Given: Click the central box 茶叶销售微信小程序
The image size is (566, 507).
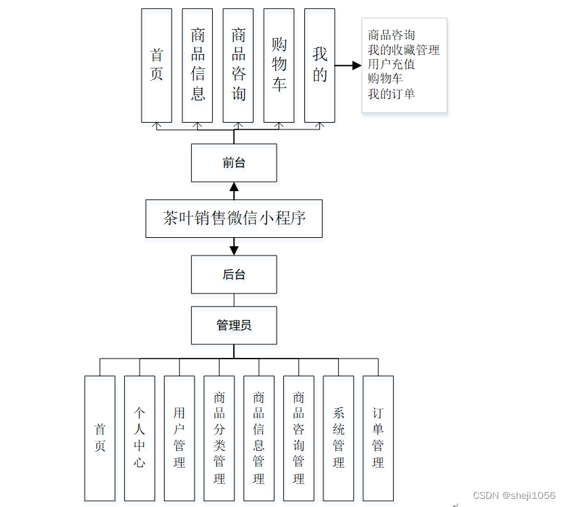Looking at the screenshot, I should pos(234,218).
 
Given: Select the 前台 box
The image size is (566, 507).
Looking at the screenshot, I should pos(234,163).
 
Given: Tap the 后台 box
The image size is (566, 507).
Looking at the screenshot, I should pos(234,275).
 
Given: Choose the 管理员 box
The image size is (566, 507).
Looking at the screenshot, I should pos(234,325).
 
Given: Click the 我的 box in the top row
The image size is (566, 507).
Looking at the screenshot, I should pos(319,65).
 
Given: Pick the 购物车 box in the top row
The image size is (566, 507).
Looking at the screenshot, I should pos(279,65).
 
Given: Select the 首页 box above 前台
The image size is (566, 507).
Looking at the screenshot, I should pos(157,65).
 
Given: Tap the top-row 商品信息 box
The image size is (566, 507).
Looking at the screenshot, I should pos(197,65).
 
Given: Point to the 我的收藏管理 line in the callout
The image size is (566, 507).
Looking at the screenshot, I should pos(403,50).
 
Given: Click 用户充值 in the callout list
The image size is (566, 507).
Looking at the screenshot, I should pos(391,65).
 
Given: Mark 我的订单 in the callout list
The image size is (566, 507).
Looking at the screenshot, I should pos(391,94).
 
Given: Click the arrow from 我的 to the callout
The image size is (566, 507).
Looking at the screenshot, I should pos(348,66).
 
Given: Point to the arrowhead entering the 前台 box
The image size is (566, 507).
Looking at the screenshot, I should pos(234,186).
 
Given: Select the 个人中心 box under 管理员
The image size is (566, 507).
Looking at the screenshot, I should pos(140,438).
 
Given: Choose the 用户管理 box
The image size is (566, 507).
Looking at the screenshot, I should pos(179,438).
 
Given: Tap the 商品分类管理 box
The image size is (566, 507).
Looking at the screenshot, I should pos(219,438).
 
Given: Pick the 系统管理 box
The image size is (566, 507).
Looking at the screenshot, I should pos(338,438).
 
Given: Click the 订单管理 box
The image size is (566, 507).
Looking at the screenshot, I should pos(378,438).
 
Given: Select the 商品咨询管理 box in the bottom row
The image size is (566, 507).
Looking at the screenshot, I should pos(299,438).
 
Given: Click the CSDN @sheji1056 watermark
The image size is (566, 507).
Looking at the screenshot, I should pos(514,496).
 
